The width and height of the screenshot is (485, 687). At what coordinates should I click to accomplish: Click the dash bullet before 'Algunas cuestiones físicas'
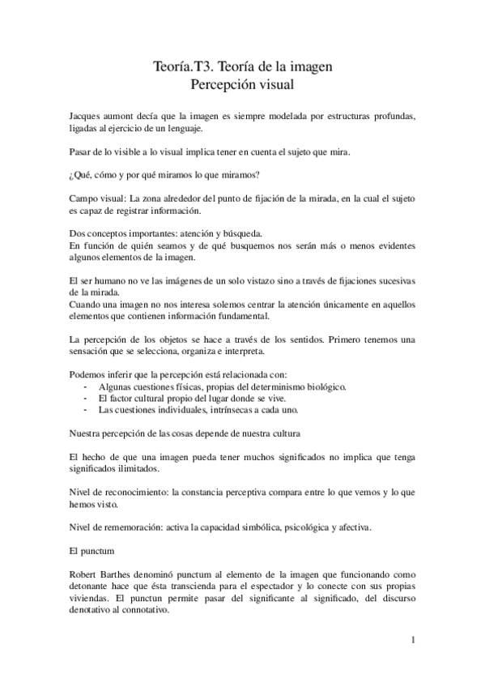click(87, 388)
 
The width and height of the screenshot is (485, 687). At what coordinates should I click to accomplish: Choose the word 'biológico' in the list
click(321, 388)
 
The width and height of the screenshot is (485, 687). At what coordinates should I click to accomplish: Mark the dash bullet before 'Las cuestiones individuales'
click(87, 411)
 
